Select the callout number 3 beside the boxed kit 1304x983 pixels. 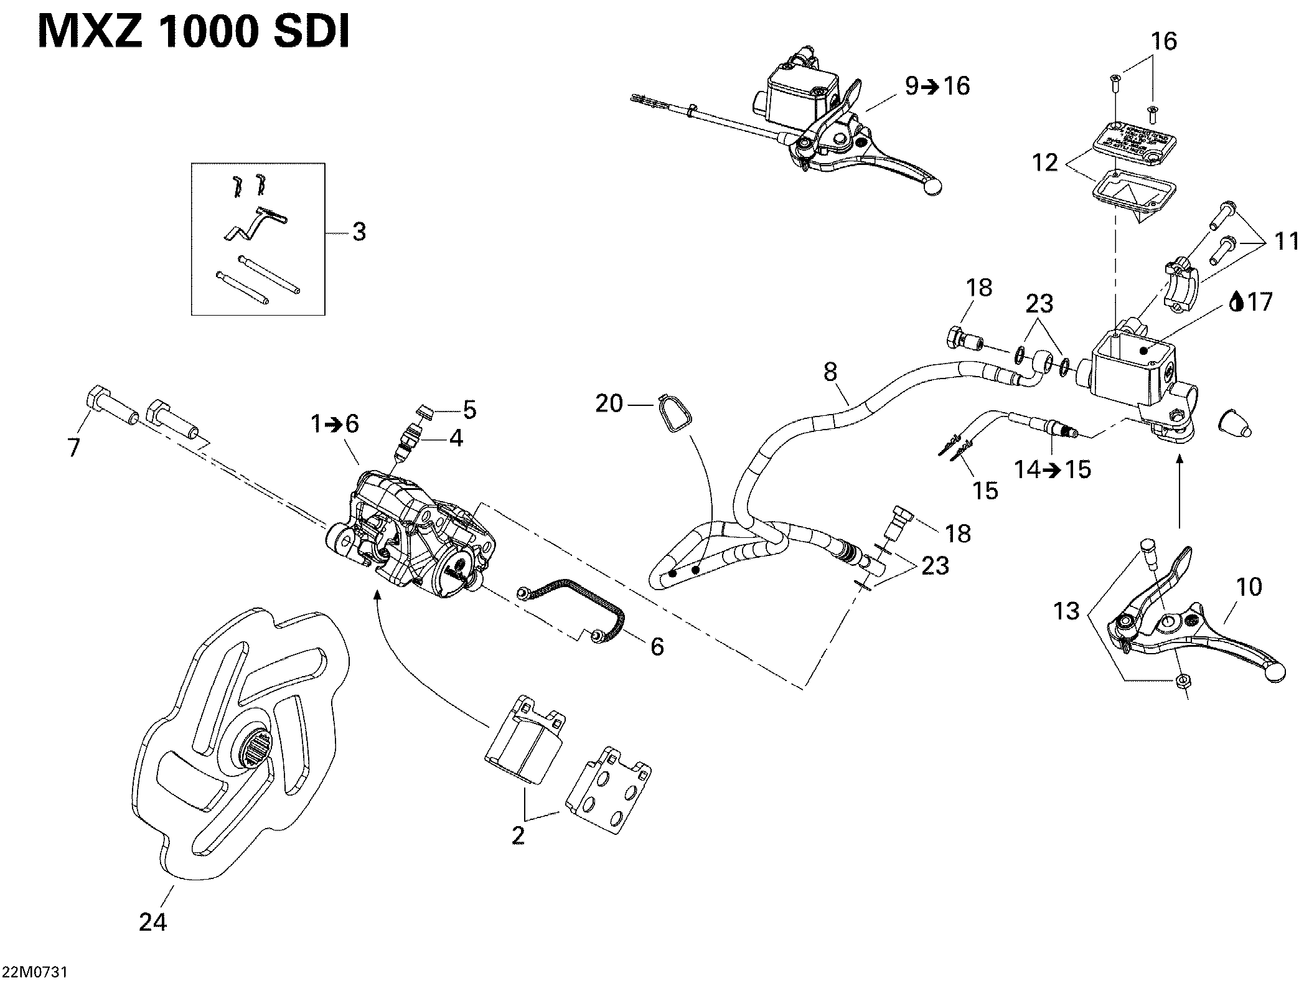tap(359, 232)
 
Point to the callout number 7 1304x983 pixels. tap(74, 447)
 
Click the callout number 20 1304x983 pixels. tap(609, 404)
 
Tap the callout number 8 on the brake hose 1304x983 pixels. tap(830, 372)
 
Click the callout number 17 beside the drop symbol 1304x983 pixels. tap(1259, 303)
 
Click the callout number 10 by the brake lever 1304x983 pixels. tap(1249, 586)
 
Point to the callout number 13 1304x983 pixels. tap(1066, 611)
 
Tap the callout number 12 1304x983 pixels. tap(1045, 162)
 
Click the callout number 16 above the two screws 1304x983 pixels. tap(1164, 41)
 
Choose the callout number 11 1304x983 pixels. tap(1286, 241)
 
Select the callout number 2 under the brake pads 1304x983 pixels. tap(518, 835)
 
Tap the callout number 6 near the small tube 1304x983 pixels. tap(657, 646)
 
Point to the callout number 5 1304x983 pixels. tap(469, 410)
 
